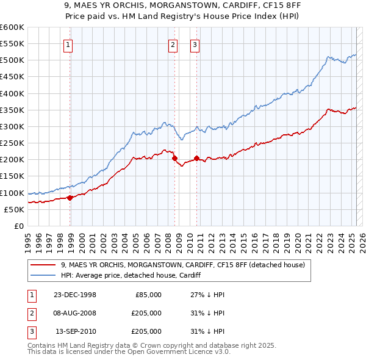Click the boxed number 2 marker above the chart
[x=173, y=44]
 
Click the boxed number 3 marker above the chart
[x=194, y=44]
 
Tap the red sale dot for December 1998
[x=70, y=197]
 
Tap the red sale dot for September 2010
[x=196, y=158]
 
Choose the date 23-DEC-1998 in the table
[x=75, y=295]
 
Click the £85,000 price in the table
[x=148, y=295]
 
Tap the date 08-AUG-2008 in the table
[x=75, y=313]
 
